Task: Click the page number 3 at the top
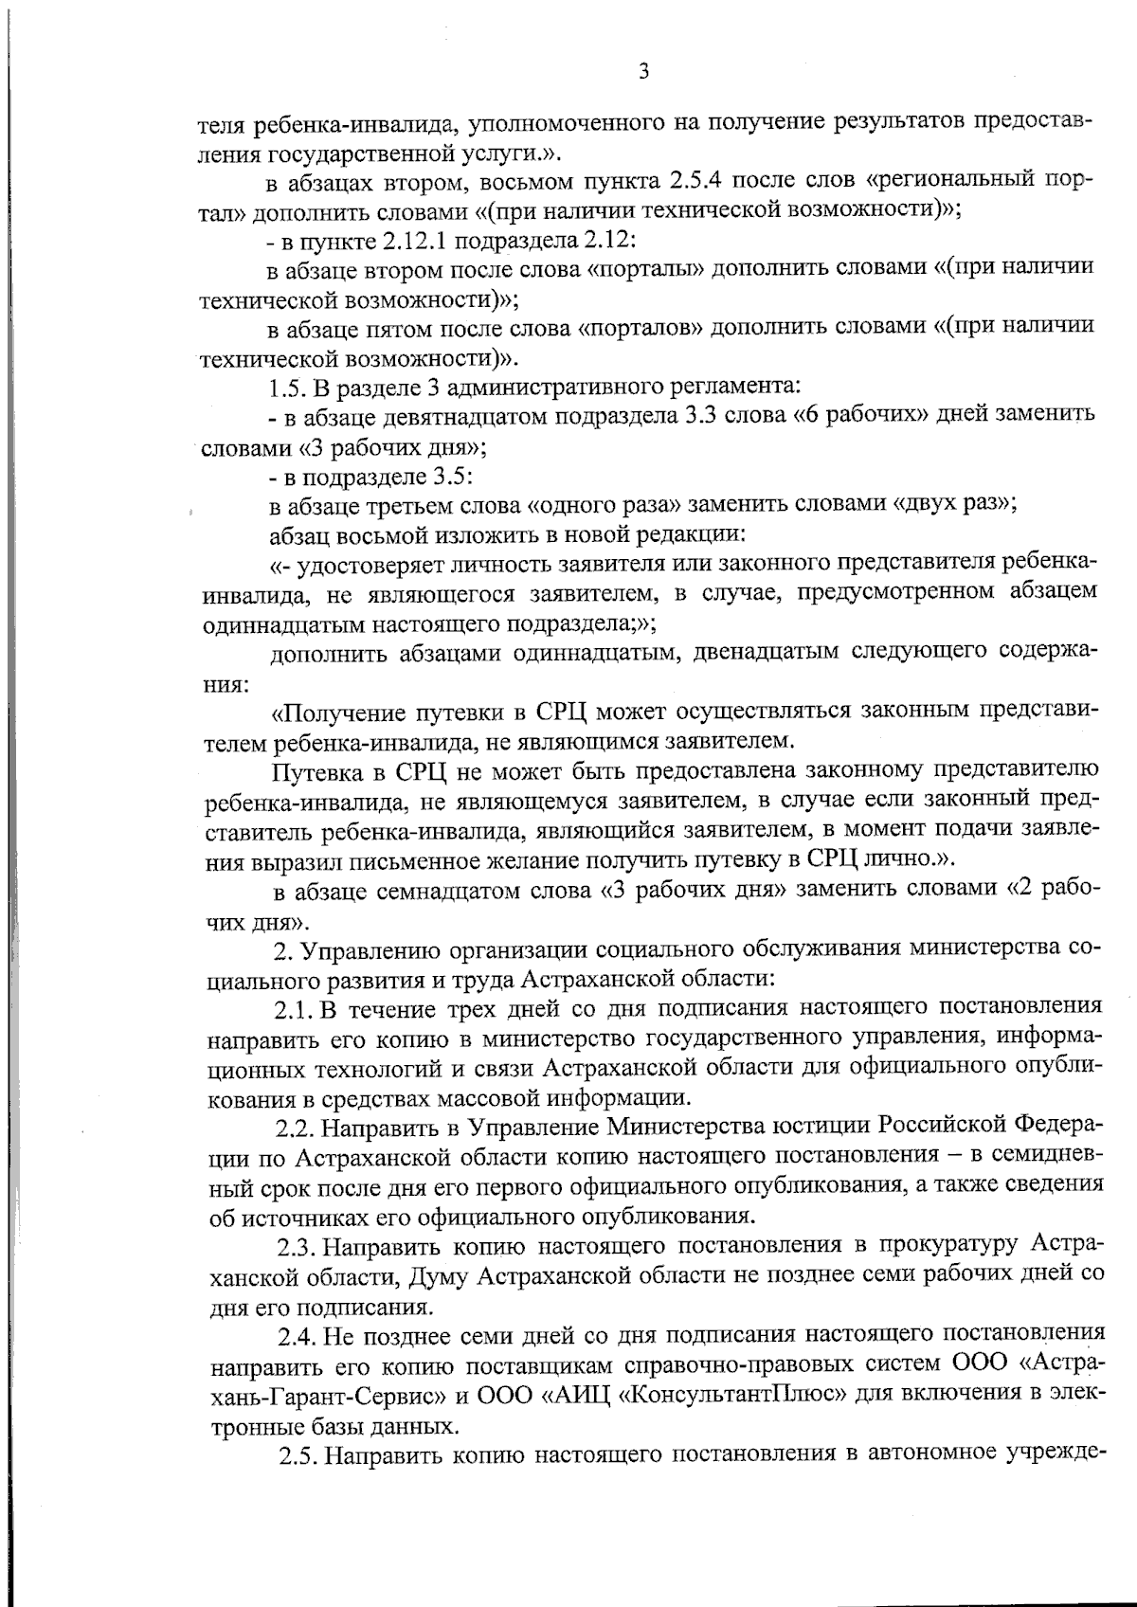pos(643,72)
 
